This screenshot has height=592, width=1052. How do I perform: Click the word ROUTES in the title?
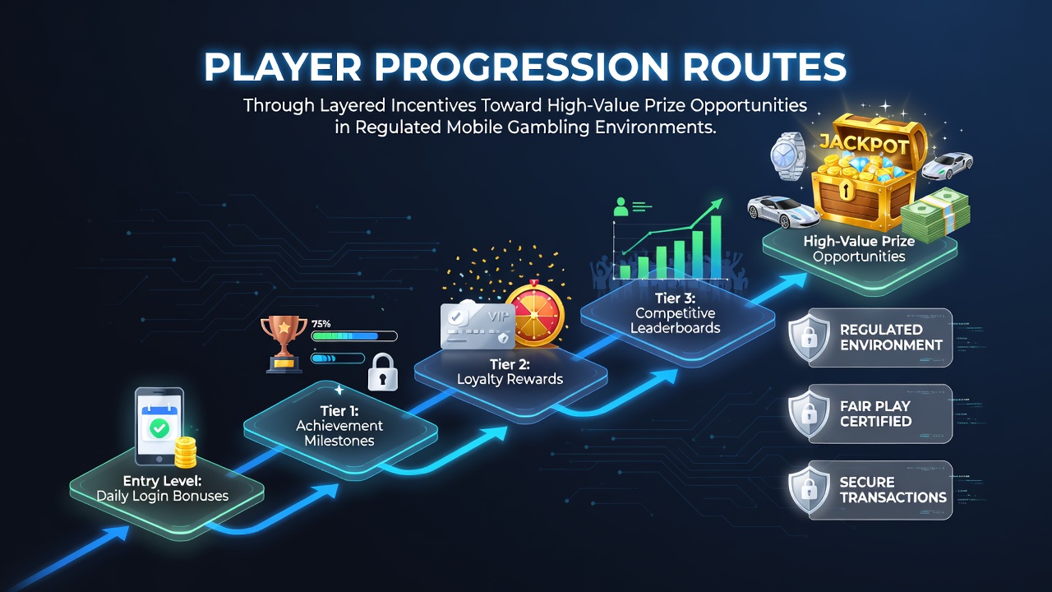[764, 67]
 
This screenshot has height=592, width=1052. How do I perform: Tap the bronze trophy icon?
[284, 344]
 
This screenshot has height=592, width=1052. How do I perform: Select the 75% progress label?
[321, 324]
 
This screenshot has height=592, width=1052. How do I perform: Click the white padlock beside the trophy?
[383, 372]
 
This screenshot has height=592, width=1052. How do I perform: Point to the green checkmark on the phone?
[159, 428]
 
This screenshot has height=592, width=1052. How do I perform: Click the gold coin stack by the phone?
[186, 452]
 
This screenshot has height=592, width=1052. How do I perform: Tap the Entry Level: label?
[163, 481]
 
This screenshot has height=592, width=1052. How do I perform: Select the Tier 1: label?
[339, 411]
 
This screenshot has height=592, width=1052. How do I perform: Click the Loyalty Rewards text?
[510, 379]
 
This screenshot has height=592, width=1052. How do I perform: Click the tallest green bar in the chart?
[716, 247]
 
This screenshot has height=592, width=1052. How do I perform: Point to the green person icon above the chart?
[621, 206]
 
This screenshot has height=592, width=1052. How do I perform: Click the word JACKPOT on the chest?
[864, 144]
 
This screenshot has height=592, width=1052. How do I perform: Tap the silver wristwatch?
[787, 156]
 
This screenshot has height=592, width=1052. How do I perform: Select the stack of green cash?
[935, 215]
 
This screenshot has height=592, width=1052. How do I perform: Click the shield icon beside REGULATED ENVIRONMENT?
[809, 338]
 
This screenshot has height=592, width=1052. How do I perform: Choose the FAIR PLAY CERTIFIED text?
[876, 414]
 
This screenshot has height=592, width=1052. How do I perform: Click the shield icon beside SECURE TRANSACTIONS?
[809, 490]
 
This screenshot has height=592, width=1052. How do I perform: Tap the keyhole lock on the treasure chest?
[845, 189]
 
